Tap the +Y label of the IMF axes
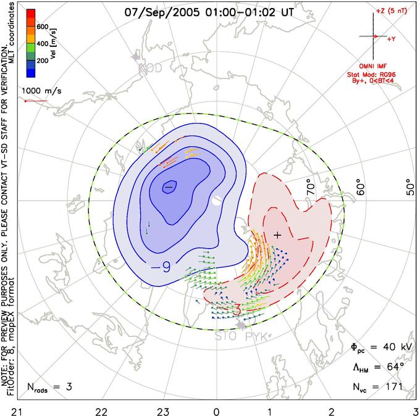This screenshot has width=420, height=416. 391,39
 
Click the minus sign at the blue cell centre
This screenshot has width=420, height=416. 168,187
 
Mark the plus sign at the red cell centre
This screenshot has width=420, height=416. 277,235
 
